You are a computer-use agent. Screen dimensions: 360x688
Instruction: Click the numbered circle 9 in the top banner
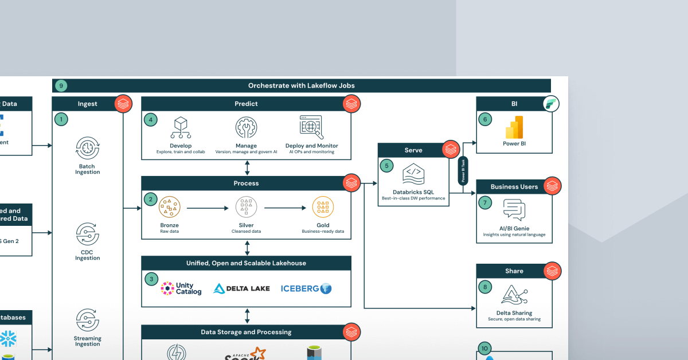coord(60,86)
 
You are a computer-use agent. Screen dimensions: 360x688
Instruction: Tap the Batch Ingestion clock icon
coord(87,148)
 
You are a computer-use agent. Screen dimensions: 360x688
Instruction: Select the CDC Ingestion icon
coord(87,234)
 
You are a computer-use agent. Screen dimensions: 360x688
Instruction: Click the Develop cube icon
coord(181,127)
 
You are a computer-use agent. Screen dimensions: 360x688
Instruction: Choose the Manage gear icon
coord(246,127)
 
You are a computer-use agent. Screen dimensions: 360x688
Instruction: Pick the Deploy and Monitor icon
coord(311,127)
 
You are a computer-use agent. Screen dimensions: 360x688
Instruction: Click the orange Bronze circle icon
coord(170,206)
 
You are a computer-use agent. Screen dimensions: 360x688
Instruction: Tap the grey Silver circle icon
coord(246,206)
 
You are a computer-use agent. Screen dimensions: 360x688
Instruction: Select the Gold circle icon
coord(323,206)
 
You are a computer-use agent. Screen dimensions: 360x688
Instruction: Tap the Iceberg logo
coord(306,288)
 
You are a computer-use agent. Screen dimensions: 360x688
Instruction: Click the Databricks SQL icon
coord(413,173)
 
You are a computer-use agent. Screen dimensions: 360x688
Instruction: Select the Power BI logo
coord(514,127)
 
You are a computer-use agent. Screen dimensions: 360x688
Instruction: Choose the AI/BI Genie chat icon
coord(514,210)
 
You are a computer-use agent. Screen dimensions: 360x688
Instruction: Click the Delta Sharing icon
coord(514,295)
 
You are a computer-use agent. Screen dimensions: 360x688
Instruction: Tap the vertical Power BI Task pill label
coord(463,170)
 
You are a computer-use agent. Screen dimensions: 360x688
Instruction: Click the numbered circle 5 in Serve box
coord(386,166)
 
